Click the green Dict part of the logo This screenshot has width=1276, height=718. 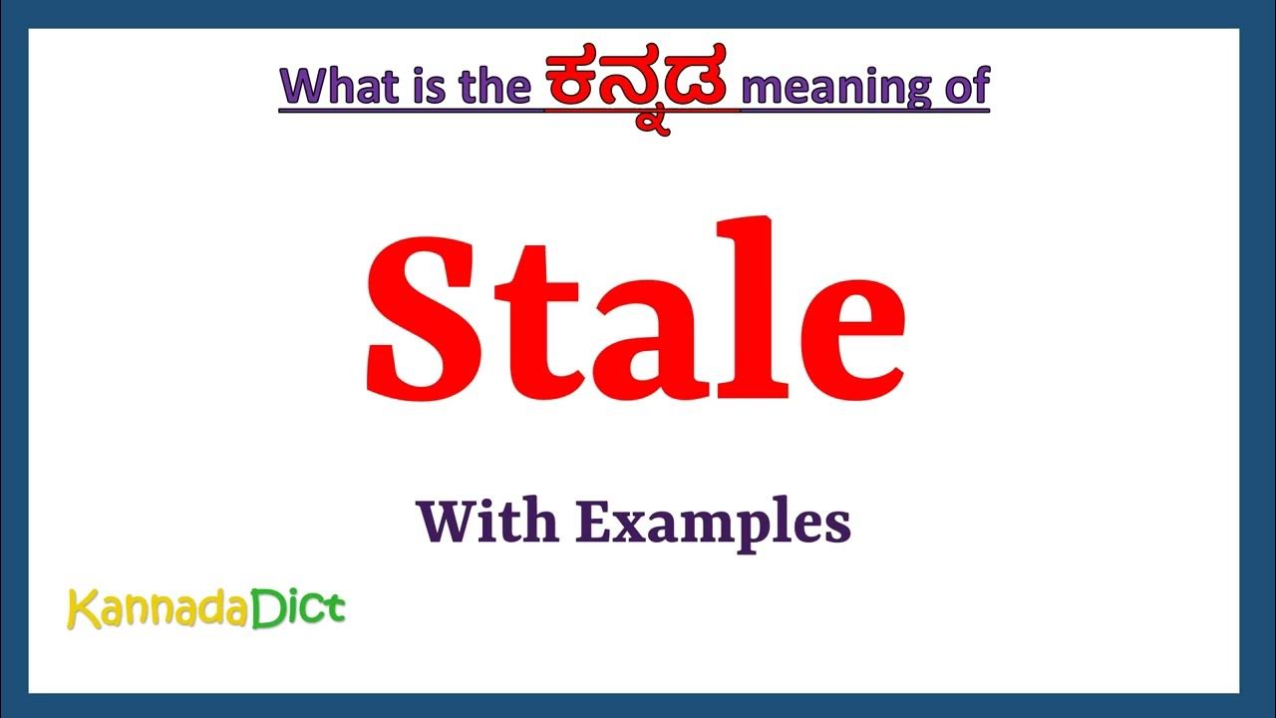297,606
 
